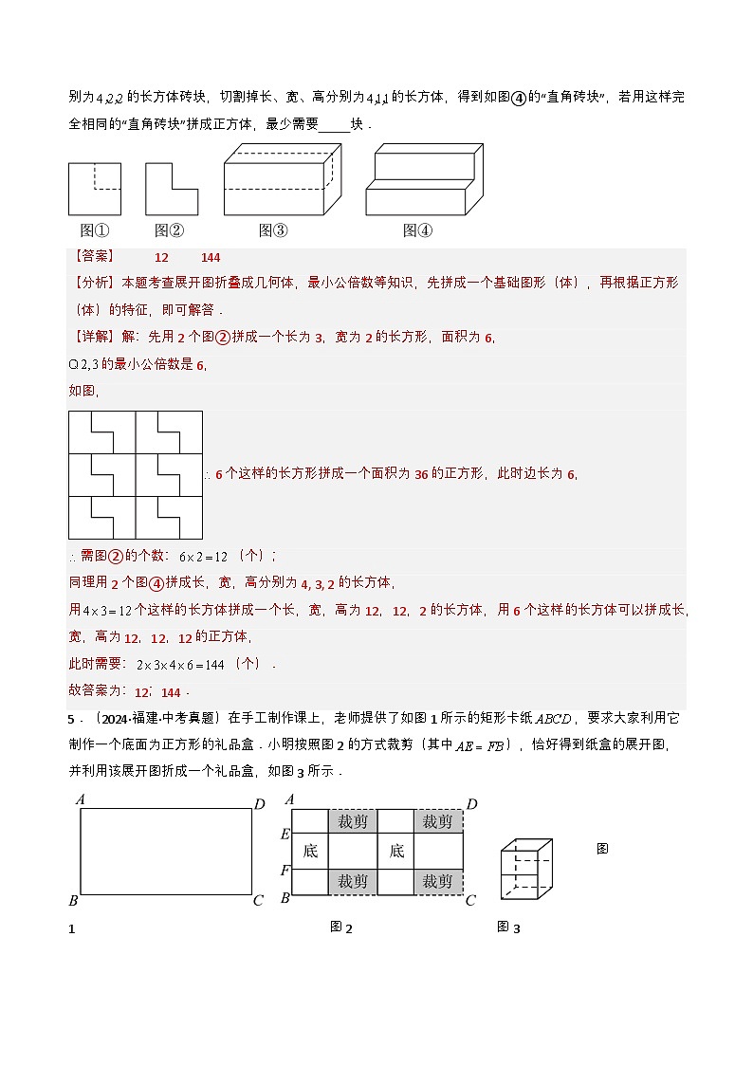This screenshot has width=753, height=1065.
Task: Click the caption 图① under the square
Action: pos(94,230)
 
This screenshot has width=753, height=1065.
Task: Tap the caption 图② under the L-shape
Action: pos(169,230)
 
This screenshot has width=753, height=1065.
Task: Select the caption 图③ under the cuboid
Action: pos(273,230)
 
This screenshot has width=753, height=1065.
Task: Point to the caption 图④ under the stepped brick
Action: pos(417,230)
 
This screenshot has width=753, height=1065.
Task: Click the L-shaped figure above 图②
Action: pos(171,189)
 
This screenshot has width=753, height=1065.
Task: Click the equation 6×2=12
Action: pos(205,557)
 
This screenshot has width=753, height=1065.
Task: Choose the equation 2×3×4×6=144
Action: pos(180,665)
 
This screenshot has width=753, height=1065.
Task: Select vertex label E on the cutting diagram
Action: pos(285,835)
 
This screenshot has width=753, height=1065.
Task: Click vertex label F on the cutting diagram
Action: pos(285,871)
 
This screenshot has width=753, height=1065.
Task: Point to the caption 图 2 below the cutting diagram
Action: pos(341,927)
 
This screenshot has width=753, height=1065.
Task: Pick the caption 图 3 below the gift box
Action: pos(508,927)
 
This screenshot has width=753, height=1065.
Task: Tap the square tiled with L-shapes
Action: pos(136,475)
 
